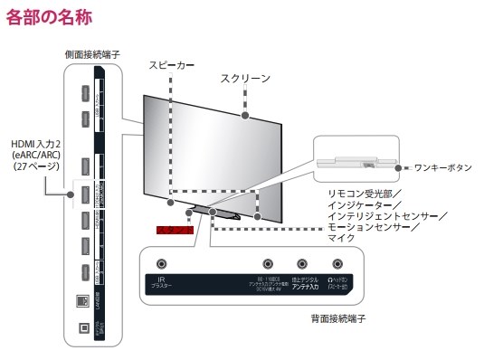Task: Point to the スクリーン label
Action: point(245,79)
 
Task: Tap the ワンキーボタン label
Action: point(441,167)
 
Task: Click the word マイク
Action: point(341,239)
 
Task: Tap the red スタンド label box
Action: point(175,232)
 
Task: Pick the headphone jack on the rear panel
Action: point(338,265)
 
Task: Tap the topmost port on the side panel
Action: point(84,94)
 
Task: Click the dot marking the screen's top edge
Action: point(246,115)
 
